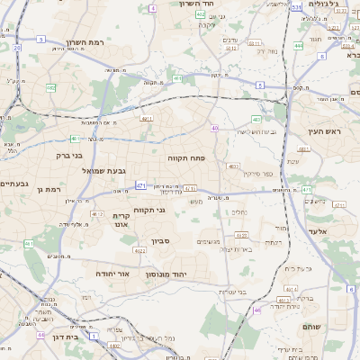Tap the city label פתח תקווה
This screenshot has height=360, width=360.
coord(186,157)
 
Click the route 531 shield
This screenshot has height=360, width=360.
coord(296,6)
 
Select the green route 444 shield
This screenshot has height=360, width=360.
coord(298,44)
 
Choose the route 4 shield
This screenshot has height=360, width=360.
coord(153,7)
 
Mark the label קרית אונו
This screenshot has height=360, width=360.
coord(123,220)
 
